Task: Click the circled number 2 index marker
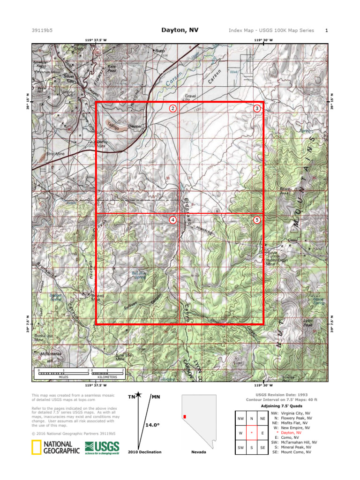pos(173,109)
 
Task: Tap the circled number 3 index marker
pos(257,109)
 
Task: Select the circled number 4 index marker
pos(173,220)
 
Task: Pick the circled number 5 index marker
pos(257,220)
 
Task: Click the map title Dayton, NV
pos(180,30)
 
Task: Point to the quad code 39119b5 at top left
pos(42,30)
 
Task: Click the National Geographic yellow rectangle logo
pos(35,448)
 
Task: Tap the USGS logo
pos(102,448)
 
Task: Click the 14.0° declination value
pos(152,425)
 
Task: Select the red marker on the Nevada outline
pos(185,416)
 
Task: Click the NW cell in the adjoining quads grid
pos(241,419)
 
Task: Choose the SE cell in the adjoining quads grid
pos(262,448)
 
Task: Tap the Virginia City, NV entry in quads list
pos(297,413)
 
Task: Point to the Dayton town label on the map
pos(135,127)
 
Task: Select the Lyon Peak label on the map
pos(307,323)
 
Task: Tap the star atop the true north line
pos(138,395)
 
